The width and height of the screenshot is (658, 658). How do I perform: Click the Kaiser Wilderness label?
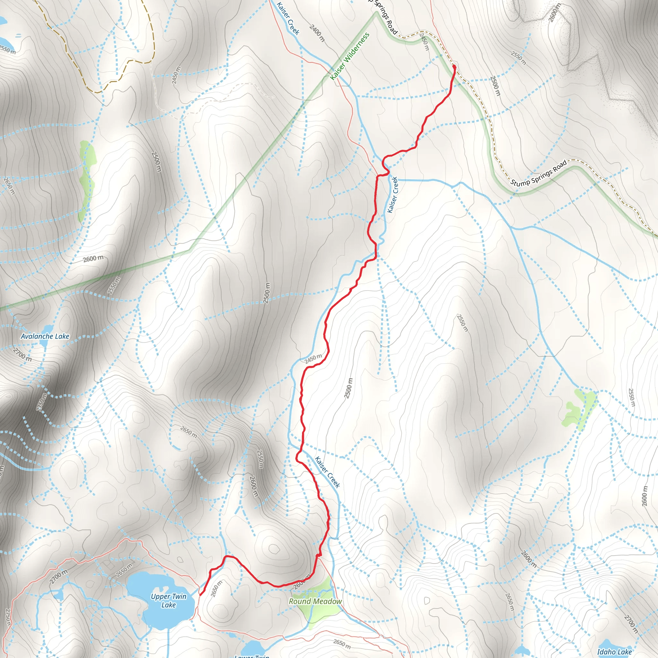350,57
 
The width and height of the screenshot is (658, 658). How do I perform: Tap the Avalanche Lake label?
45,336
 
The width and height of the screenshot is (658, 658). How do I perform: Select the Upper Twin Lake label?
169,600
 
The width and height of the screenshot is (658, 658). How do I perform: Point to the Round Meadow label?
315,601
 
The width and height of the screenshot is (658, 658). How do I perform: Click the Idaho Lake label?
614,652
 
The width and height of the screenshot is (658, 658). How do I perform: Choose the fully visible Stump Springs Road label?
538,173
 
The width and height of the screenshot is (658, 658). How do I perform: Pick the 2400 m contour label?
317,33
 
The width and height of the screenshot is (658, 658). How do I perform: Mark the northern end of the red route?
454,67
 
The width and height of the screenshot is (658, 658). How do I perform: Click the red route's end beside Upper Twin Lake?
200,595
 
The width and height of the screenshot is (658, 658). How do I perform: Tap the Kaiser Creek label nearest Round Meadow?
327,472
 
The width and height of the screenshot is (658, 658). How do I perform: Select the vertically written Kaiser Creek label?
393,195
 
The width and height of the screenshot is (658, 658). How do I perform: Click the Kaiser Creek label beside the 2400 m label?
288,19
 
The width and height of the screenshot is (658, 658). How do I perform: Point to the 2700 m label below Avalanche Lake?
22,355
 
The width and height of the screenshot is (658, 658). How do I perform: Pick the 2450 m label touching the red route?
313,359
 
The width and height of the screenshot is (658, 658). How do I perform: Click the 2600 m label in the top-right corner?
554,13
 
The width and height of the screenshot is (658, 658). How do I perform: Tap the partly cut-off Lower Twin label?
252,656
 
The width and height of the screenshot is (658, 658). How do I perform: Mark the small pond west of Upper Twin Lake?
58,594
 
